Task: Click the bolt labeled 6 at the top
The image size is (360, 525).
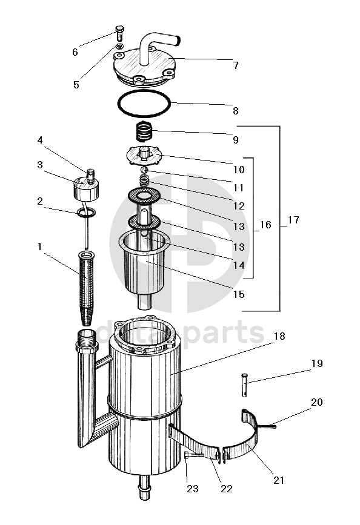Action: coord(119,33)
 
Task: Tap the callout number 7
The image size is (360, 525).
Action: coord(236,65)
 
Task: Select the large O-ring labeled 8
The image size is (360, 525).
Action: coord(144,104)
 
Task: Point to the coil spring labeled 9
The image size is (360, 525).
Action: coord(144,131)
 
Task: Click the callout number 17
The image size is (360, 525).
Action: coord(293,220)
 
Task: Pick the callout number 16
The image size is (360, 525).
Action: coord(265,224)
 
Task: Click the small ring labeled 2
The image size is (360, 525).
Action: coord(86,212)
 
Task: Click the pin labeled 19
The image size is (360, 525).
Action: coord(244,385)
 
